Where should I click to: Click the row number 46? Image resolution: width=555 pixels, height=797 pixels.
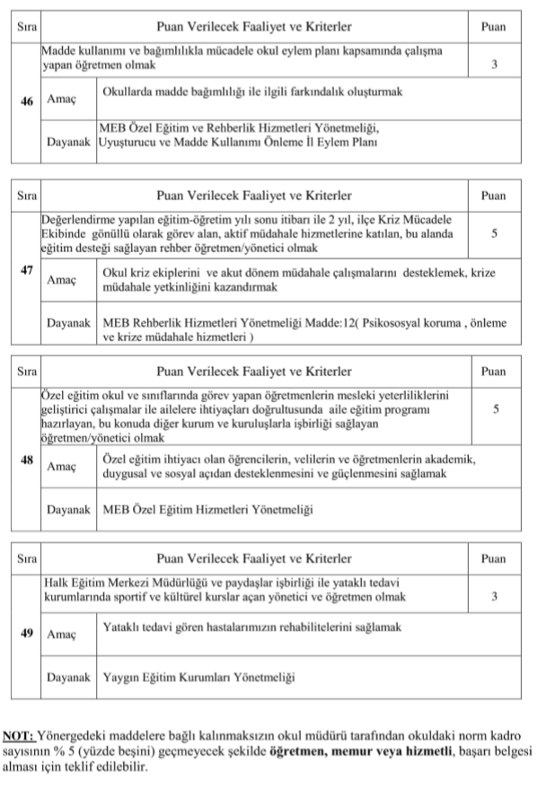pyautogui.click(x=27, y=102)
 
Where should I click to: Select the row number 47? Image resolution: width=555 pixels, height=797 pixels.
pyautogui.click(x=27, y=270)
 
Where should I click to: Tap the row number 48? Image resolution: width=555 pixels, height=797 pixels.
pyautogui.click(x=27, y=460)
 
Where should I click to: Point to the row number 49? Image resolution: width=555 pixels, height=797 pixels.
pyautogui.click(x=27, y=633)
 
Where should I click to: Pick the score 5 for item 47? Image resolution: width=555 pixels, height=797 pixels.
pyautogui.click(x=495, y=233)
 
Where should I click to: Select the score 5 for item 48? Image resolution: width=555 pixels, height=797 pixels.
pyautogui.click(x=495, y=409)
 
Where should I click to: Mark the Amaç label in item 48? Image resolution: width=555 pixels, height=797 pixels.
pyautogui.click(x=61, y=466)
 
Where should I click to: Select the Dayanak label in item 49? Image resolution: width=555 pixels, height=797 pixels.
pyautogui.click(x=69, y=676)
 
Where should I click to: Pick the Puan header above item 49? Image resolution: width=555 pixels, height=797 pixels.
pyautogui.click(x=494, y=558)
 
